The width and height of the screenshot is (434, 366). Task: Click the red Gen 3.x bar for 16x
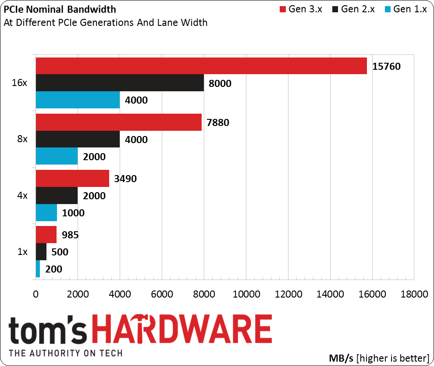click(201, 66)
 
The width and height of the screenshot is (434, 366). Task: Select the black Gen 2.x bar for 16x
click(120, 83)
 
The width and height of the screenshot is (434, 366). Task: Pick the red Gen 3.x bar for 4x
click(72, 179)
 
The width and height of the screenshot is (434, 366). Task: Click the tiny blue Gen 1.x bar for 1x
click(38, 269)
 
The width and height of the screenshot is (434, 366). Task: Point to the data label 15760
click(386, 66)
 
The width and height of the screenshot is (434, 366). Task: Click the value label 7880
click(215, 122)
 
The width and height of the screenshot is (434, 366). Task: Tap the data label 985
click(70, 235)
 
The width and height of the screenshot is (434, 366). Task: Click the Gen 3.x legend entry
click(300, 10)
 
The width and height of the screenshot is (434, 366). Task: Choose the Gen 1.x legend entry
click(405, 10)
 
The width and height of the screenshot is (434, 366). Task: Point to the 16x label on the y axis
click(21, 83)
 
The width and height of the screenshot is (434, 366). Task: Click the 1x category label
click(22, 252)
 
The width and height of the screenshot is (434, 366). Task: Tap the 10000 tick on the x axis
click(246, 294)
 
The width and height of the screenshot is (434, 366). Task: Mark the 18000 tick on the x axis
click(414, 294)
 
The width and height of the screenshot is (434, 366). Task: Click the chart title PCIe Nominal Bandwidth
click(60, 10)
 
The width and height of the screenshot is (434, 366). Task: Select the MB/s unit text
click(341, 357)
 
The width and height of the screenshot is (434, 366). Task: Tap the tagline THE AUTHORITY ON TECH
click(65, 353)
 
